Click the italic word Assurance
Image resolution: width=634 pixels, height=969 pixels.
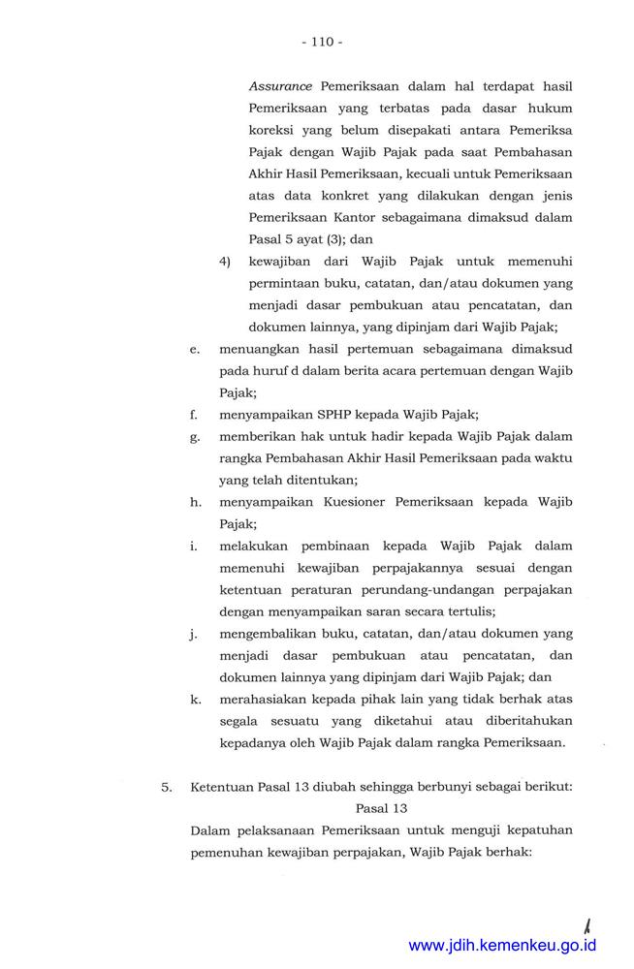pyautogui.click(x=280, y=86)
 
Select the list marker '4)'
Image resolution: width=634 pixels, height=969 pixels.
pyautogui.click(x=225, y=262)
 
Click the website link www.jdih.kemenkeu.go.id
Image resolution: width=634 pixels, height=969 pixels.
pyautogui.click(x=502, y=945)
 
